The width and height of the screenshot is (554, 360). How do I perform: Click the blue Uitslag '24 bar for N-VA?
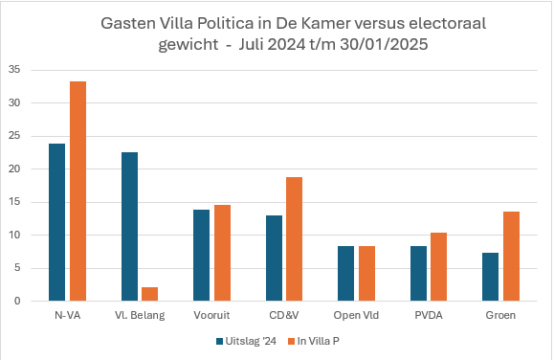(x=56, y=222)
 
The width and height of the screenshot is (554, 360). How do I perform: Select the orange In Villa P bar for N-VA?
(x=78, y=191)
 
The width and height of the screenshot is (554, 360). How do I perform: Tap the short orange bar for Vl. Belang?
(x=150, y=294)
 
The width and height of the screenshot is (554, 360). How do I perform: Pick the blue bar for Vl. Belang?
(x=129, y=227)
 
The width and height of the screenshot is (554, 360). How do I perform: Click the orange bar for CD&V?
(x=294, y=239)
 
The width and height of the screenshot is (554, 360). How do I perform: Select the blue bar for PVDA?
(x=417, y=274)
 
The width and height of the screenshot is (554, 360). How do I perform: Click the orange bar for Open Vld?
(x=366, y=274)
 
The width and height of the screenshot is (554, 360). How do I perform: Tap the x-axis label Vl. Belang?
(x=140, y=315)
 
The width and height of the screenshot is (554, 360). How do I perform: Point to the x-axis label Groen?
(x=500, y=315)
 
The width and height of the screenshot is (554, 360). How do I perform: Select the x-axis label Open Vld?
(x=356, y=315)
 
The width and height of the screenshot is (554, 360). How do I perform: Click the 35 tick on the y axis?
(x=14, y=70)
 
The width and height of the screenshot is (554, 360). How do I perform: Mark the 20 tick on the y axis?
(x=14, y=169)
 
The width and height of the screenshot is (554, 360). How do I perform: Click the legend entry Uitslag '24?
(x=236, y=339)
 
